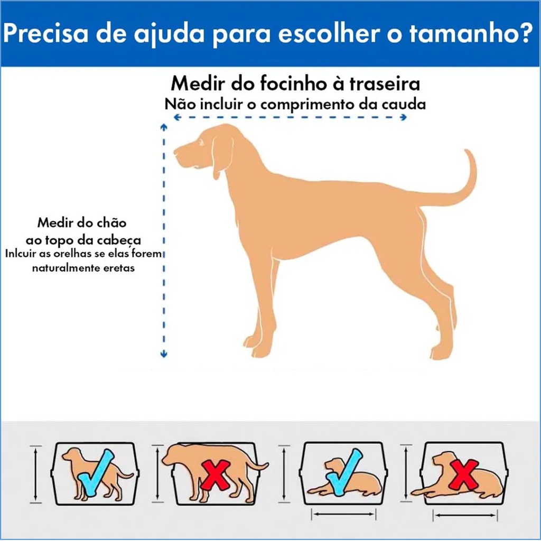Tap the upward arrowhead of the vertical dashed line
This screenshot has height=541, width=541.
tap(164, 127)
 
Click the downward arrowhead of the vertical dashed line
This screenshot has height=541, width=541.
tap(164, 354)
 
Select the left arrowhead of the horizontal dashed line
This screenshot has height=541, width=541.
tap(178, 117)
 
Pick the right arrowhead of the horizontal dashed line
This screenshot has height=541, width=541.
tap(403, 117)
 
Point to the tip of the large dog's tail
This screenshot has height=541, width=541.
tap(467, 151)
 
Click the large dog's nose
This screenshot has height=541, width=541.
tap(175, 151)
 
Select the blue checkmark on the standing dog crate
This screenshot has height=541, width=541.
tap(95, 473)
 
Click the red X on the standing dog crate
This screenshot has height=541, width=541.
tap(216, 475)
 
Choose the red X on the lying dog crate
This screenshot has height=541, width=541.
tap(463, 474)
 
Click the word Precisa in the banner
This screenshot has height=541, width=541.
tap(46, 33)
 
